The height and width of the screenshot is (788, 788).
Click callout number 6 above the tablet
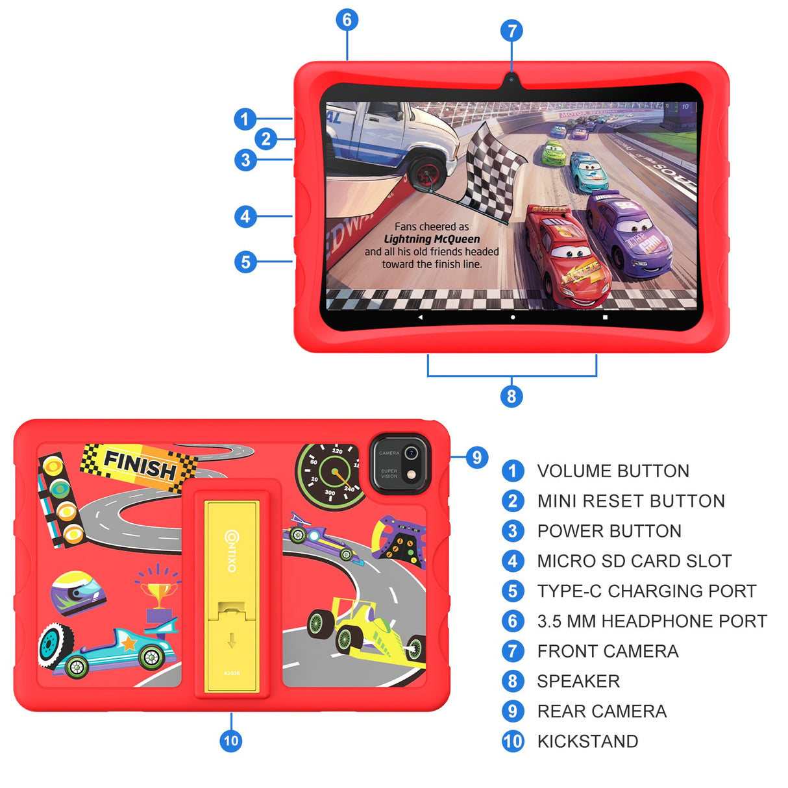347,20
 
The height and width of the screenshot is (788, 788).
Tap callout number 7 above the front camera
511,31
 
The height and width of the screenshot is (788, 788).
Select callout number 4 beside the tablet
245,216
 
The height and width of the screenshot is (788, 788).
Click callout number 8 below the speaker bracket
511,396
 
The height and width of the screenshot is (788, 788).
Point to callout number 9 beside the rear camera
477,457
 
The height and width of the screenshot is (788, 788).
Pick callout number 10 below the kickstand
231,741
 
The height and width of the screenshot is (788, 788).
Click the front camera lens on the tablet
511,79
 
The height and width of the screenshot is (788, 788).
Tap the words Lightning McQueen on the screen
432,239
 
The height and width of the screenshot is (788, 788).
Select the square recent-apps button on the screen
605,317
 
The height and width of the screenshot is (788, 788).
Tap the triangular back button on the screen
420,317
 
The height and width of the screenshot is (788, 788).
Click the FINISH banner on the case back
140,465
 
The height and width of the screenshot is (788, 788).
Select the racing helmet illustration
78,593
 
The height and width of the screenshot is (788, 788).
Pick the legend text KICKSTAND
587,741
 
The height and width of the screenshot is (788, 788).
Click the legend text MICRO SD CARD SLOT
634,561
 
